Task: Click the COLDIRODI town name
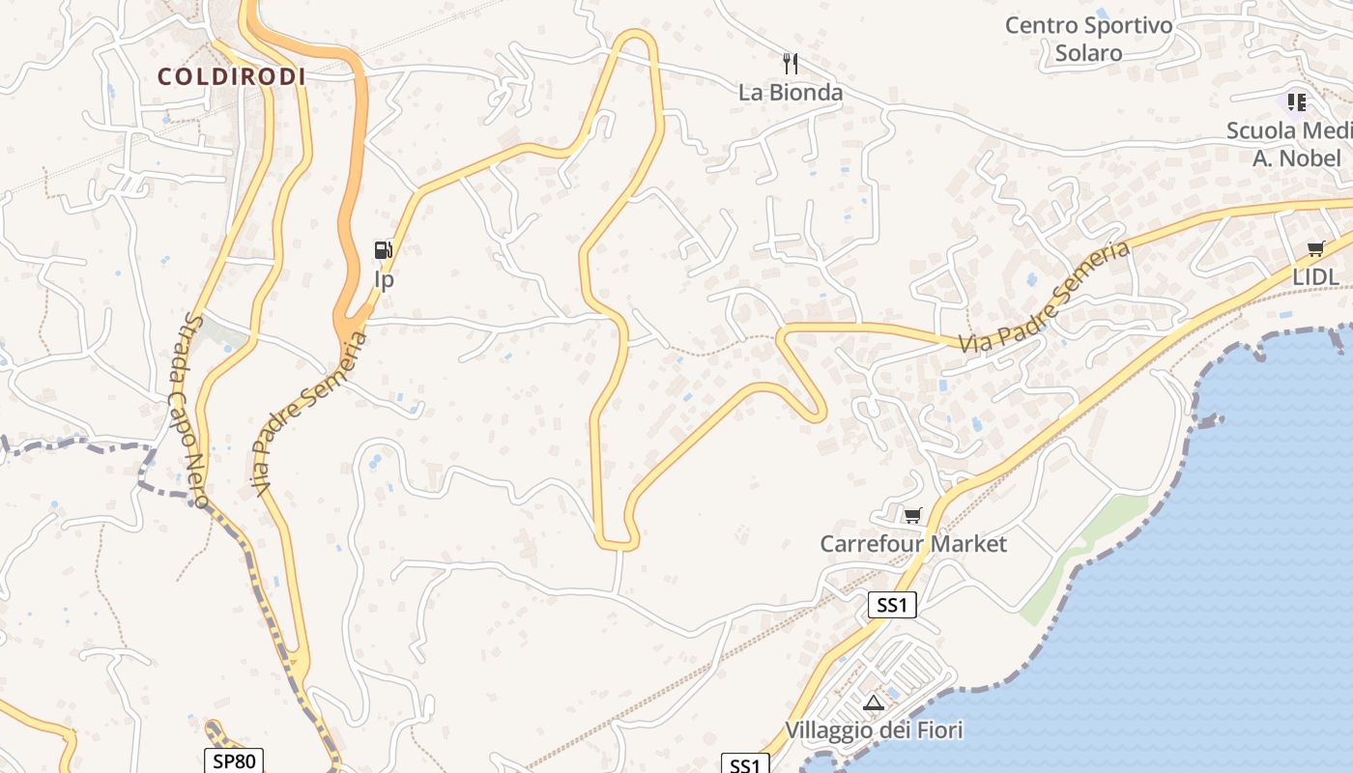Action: tap(232, 76)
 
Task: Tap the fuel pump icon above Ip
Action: tap(384, 250)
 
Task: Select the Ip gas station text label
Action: tap(385, 280)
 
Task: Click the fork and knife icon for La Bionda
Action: tap(791, 64)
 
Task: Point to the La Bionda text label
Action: tap(791, 93)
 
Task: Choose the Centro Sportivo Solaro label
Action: tap(1088, 39)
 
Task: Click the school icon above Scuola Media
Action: tap(1296, 101)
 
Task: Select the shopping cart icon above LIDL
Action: tap(1315, 249)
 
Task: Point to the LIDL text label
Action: tap(1315, 277)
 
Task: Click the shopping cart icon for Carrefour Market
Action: tap(912, 515)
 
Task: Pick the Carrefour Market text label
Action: tap(913, 544)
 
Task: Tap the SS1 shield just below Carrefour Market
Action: tap(891, 606)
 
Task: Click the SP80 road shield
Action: tap(234, 760)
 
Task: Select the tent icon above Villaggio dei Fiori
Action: tap(874, 702)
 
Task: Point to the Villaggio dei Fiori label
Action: tap(874, 730)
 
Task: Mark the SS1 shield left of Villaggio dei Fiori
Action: tap(745, 765)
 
